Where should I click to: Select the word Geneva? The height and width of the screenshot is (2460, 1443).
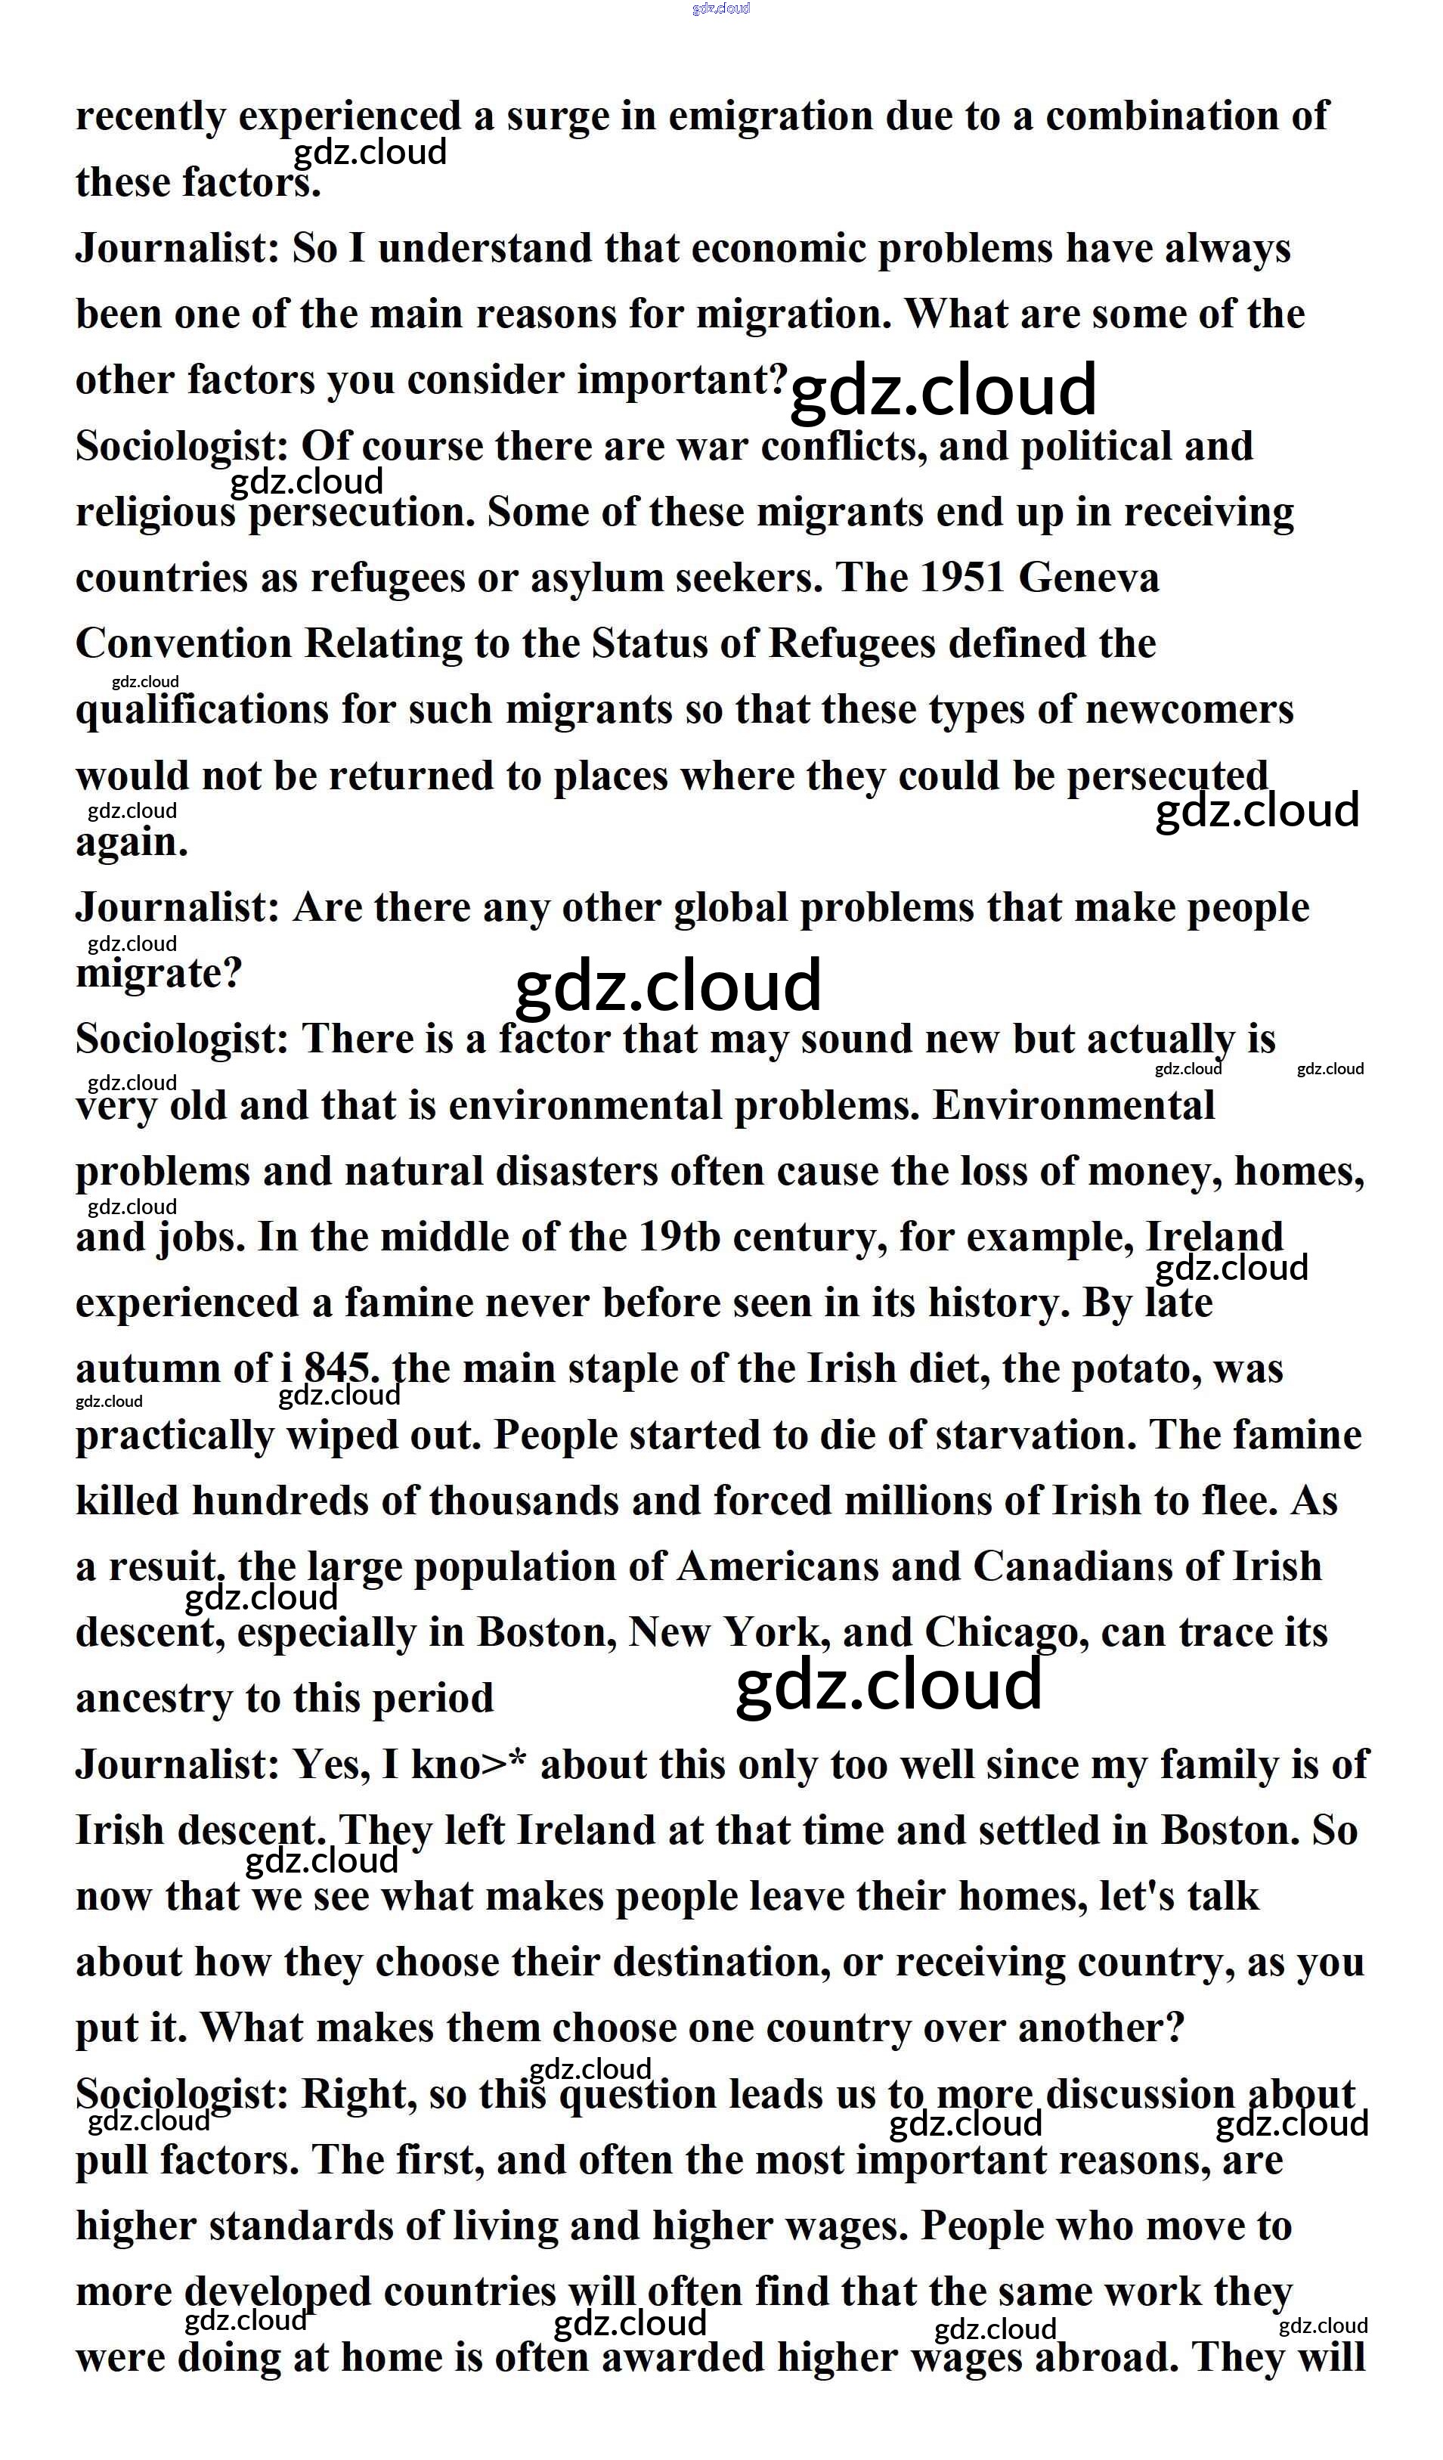coord(1088,578)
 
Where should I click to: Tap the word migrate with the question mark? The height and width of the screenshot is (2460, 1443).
coord(158,973)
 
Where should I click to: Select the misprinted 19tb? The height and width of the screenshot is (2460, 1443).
coord(680,1238)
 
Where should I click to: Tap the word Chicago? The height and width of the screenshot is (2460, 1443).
coord(1005,1633)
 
